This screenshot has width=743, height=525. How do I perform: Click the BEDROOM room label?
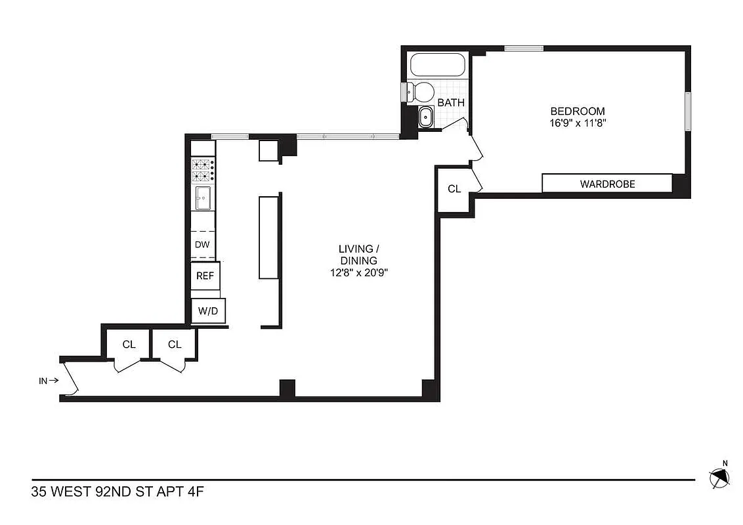(577, 111)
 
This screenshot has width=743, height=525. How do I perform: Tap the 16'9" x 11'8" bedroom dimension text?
(577, 123)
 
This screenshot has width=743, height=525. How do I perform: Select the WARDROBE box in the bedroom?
(606, 184)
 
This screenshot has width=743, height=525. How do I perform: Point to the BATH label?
(451, 102)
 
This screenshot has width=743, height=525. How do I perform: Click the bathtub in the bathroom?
(438, 66)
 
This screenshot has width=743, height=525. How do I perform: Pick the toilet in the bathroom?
(421, 92)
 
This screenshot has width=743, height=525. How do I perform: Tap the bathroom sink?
(425, 118)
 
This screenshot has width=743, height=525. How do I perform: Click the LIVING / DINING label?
(358, 255)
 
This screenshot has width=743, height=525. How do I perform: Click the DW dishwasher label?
(203, 245)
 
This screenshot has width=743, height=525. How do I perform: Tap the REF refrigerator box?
(205, 276)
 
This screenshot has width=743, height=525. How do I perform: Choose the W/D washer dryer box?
(207, 311)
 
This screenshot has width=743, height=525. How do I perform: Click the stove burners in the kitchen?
(203, 170)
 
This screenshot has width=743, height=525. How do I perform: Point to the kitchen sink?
(203, 197)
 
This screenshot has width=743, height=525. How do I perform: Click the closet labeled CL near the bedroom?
(454, 189)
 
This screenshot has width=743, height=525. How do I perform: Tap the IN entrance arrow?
(49, 380)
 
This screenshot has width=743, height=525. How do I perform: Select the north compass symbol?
(720, 477)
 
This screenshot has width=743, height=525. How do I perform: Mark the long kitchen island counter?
(269, 237)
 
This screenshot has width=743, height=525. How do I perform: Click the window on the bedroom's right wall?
(687, 112)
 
